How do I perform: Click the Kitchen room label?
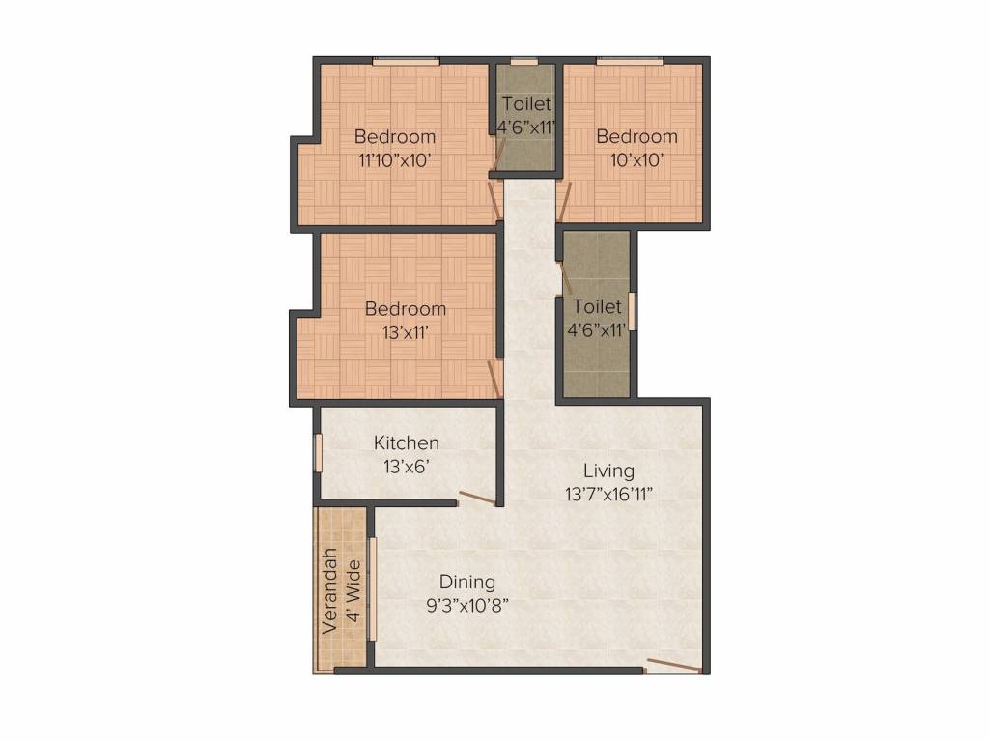click(x=407, y=443)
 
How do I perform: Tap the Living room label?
click(x=608, y=471)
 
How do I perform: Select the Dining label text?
click(x=467, y=583)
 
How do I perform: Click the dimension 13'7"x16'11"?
click(x=609, y=495)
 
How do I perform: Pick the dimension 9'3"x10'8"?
click(x=467, y=606)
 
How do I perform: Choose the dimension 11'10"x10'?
click(x=394, y=160)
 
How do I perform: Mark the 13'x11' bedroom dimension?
click(x=405, y=331)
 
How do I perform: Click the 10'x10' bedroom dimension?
click(x=635, y=160)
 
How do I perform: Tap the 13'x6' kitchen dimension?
click(x=407, y=466)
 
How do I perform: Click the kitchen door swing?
click(x=477, y=499)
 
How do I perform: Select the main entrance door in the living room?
click(x=673, y=665)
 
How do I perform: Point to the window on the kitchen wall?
click(x=317, y=452)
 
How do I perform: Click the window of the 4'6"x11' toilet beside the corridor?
click(x=634, y=311)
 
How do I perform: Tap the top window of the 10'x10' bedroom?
click(x=629, y=61)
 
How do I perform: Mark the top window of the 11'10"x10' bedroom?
click(x=407, y=61)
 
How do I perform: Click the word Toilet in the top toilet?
click(x=525, y=104)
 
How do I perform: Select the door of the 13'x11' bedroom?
click(x=494, y=378)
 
